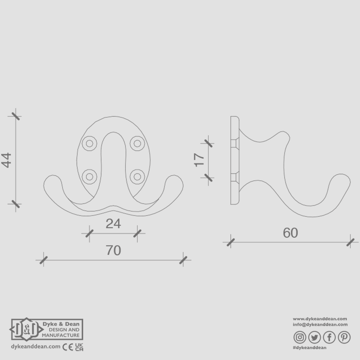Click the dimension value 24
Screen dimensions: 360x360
[113, 224]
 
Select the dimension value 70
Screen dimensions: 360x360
[113, 251]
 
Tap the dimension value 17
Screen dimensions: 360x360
[199, 160]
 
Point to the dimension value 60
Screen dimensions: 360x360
[290, 233]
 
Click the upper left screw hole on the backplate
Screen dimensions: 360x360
[89, 143]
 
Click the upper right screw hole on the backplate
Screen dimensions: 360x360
[137, 143]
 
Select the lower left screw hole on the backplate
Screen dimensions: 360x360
[89, 176]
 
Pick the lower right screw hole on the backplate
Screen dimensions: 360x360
[137, 176]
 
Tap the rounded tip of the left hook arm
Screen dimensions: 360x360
[51, 184]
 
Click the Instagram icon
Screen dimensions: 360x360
[300, 338]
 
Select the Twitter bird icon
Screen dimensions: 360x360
[314, 338]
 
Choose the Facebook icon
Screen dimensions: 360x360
[329, 338]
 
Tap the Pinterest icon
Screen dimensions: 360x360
[344, 338]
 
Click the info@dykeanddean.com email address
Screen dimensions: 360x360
[320, 325]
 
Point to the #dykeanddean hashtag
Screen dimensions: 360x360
[309, 348]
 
